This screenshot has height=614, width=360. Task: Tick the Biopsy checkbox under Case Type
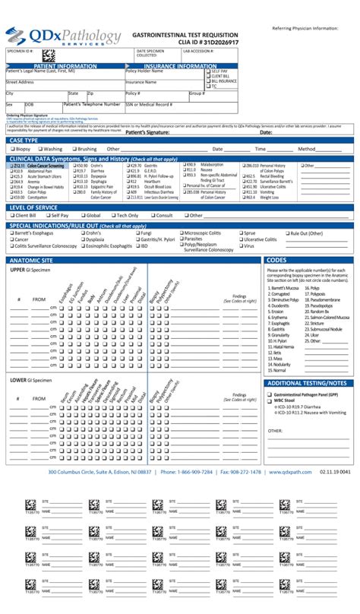pos(11,149)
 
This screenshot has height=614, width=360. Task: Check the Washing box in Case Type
pos(38,149)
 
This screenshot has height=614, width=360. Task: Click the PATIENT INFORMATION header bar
pos(65,66)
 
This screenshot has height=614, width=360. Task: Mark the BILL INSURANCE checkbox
pos(208,81)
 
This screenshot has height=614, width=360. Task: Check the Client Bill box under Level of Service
pos(11,215)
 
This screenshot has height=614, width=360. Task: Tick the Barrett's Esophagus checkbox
pos(11,233)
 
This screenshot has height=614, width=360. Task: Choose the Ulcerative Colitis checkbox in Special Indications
pos(238,239)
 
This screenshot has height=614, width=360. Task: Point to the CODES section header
pos(276,260)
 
